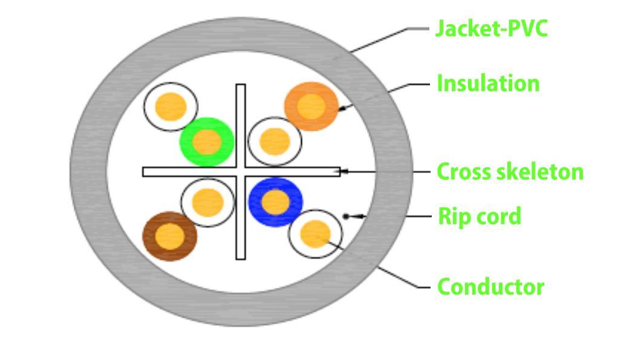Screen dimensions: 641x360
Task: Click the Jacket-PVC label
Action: pos(492,28)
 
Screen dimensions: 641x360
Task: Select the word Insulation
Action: pos(488,83)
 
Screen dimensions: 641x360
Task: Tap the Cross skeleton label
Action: pos(510,172)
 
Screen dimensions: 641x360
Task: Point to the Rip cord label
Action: pos(480,216)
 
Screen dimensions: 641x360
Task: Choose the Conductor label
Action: pos(490,287)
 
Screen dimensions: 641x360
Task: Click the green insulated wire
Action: pos(207,142)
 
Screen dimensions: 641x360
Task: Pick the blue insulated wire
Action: pos(276,202)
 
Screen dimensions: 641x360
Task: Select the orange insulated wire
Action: pos(311,106)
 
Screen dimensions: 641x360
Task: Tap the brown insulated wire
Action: pos(170,237)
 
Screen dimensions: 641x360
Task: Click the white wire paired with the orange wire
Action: pos(275,142)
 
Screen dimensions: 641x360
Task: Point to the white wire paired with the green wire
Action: pos(171,106)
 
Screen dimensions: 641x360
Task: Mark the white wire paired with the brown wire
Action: pos(207,203)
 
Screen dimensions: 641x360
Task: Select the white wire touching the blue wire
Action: pos(315,234)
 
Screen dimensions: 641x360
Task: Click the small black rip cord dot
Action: pos(346,217)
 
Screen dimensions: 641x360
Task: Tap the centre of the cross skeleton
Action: pos(241,172)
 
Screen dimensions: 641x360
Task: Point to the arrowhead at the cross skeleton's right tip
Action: pos(345,171)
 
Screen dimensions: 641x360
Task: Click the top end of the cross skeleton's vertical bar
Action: pos(241,85)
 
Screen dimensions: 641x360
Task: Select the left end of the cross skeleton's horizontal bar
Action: pos(143,172)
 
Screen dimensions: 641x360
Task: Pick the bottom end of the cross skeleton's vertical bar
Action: pos(241,259)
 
